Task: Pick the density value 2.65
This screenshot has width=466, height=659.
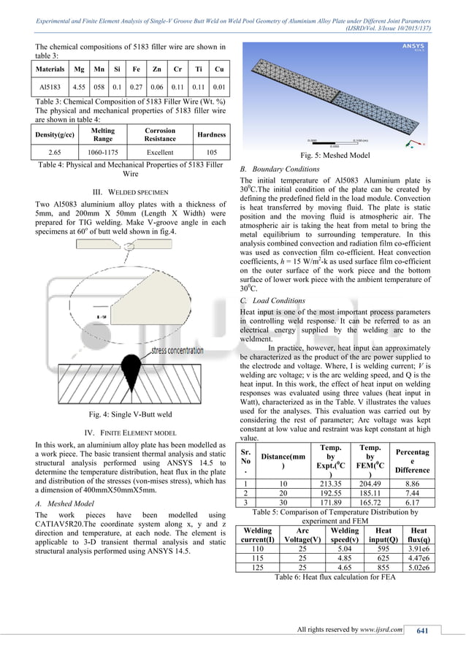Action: pyautogui.click(x=48, y=154)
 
